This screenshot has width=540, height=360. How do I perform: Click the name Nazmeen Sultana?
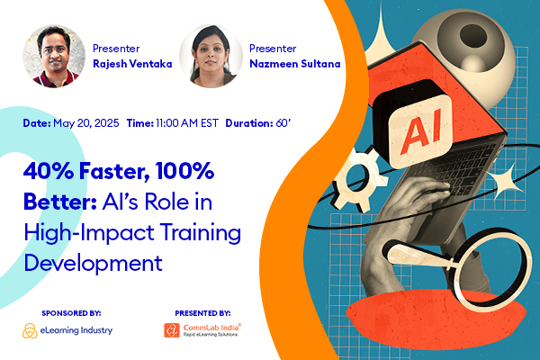click(x=286, y=64)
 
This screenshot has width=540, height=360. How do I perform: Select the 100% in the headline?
click(x=180, y=171)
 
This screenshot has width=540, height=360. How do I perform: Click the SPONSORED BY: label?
click(x=71, y=312)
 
